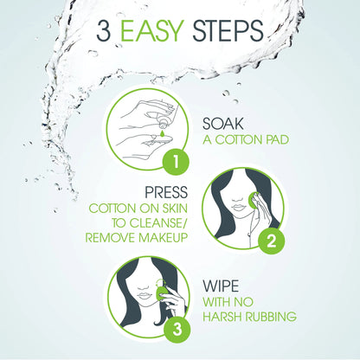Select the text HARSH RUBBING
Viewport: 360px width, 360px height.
[x=249, y=316]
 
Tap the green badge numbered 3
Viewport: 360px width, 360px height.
[x=175, y=329]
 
